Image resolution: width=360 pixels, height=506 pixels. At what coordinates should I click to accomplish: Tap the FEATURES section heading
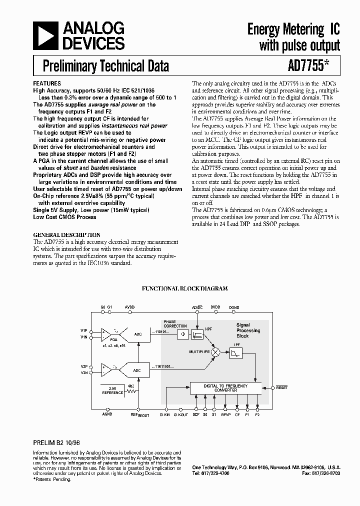(46, 83)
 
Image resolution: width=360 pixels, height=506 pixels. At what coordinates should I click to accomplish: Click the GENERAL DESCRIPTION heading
(66, 234)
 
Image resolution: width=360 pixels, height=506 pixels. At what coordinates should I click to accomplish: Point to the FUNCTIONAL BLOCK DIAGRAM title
(185, 288)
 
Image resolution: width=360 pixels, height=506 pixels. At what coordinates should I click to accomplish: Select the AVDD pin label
(129, 306)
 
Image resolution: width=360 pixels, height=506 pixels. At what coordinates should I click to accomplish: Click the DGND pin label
(234, 306)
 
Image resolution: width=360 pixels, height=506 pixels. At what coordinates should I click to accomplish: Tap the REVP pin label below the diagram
(226, 414)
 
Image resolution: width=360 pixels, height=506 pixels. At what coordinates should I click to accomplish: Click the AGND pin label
(107, 414)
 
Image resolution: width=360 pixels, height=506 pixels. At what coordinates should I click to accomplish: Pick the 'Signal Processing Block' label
(248, 330)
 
